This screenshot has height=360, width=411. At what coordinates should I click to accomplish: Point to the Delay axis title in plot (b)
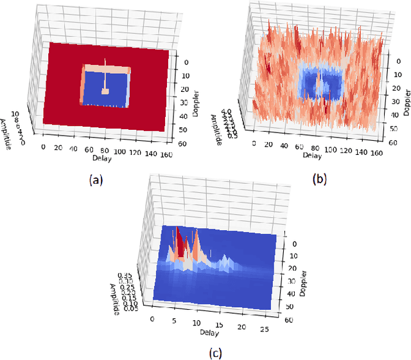(x=312, y=154)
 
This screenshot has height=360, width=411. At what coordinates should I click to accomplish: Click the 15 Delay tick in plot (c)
(x=220, y=326)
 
